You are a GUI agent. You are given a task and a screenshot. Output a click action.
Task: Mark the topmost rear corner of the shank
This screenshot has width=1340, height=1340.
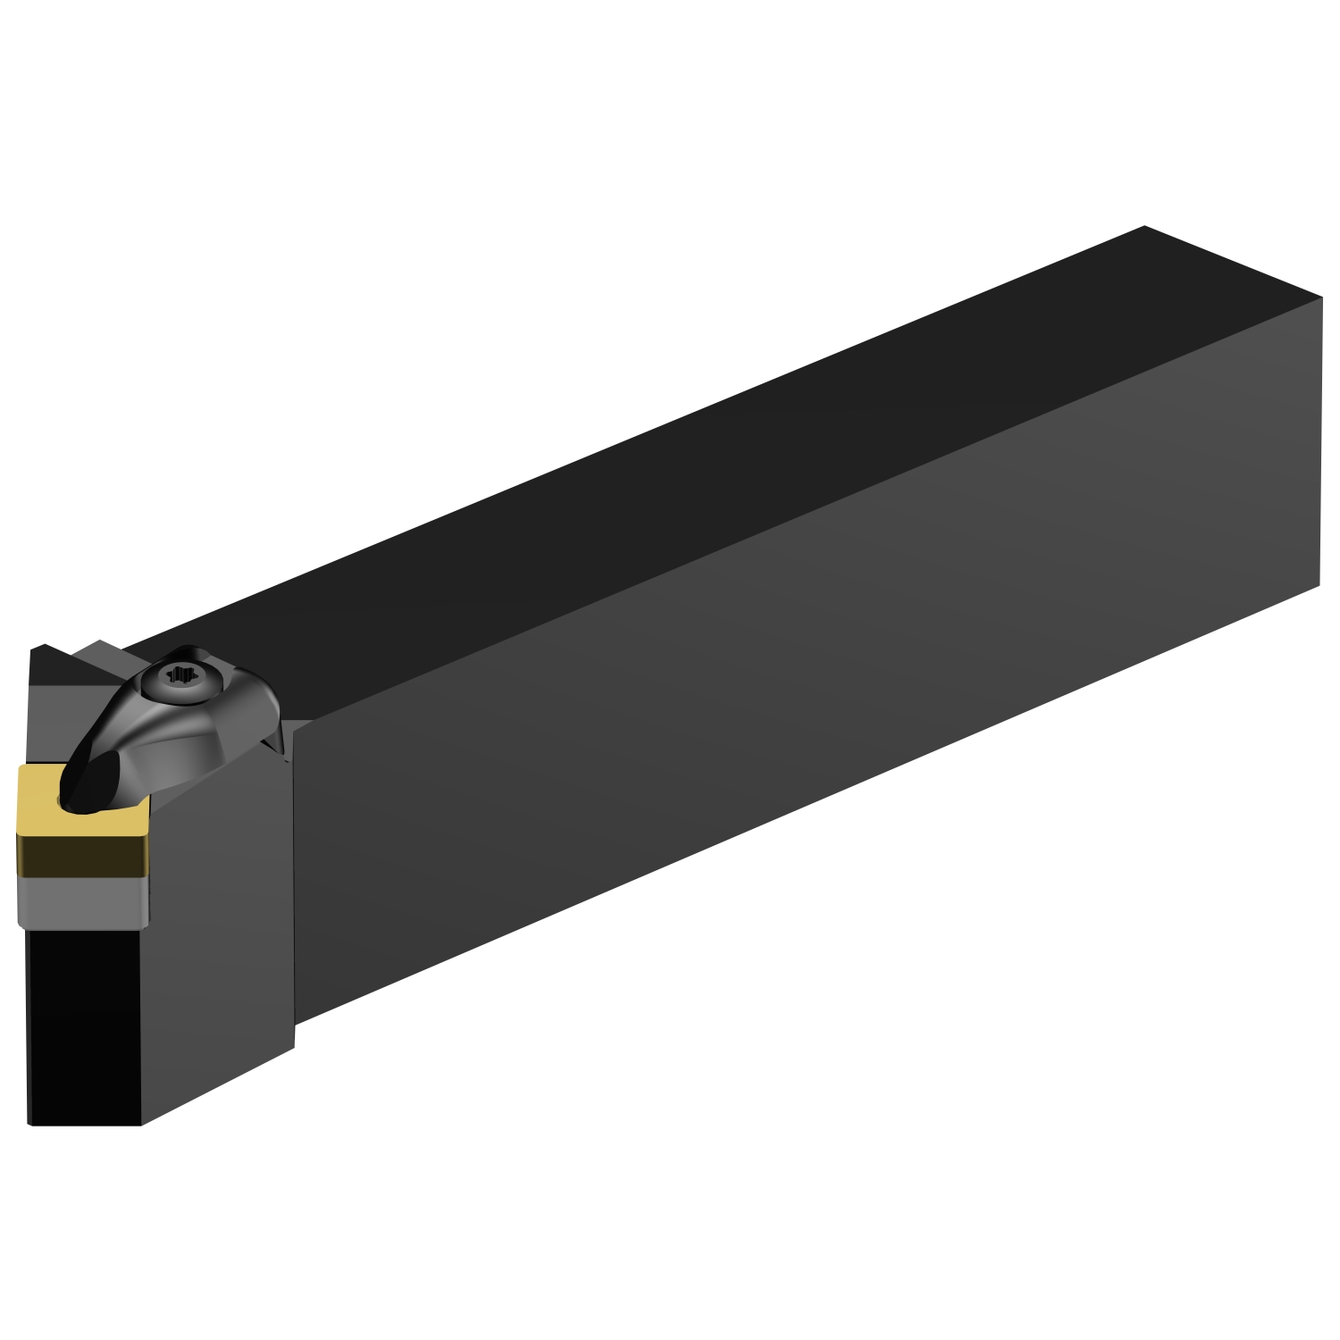point(1144,227)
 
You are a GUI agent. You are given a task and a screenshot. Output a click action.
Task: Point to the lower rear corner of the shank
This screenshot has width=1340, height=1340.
point(1319,586)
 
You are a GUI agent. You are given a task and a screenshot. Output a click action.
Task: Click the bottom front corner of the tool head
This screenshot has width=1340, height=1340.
point(141,1124)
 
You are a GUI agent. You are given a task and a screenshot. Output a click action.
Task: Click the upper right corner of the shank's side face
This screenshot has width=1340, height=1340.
point(1320,300)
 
